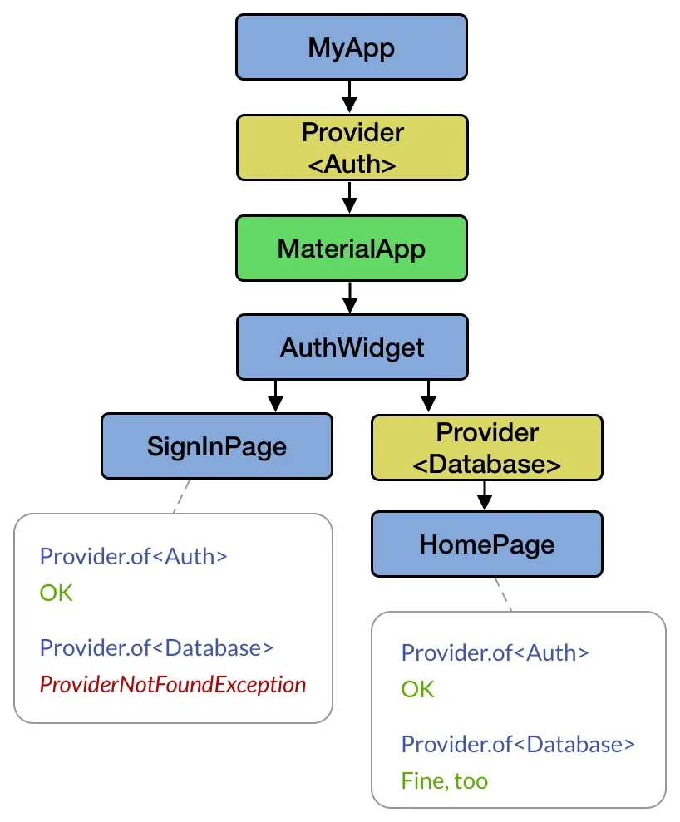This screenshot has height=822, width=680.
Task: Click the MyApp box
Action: pyautogui.click(x=352, y=47)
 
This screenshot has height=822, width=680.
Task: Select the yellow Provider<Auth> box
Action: pyautogui.click(x=352, y=147)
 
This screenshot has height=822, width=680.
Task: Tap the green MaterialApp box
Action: pyautogui.click(x=351, y=248)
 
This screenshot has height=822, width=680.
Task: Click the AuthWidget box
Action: pyautogui.click(x=352, y=347)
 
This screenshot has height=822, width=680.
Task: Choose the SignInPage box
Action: pyautogui.click(x=216, y=446)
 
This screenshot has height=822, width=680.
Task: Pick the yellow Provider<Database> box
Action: pyautogui.click(x=486, y=448)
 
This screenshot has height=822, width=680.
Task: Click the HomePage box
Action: pyautogui.click(x=486, y=544)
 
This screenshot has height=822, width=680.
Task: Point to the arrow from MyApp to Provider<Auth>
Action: pyautogui.click(x=350, y=96)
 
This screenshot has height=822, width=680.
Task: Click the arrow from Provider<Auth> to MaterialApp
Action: pyautogui.click(x=350, y=198)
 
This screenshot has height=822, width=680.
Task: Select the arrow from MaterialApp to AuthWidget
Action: pyautogui.click(x=350, y=297)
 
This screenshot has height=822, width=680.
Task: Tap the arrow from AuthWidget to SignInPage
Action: pyautogui.click(x=276, y=396)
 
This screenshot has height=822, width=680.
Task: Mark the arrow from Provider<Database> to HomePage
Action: pyautogui.click(x=485, y=495)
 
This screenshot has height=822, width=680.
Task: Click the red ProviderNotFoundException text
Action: pyautogui.click(x=173, y=685)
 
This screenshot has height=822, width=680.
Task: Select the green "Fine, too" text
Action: pyautogui.click(x=444, y=781)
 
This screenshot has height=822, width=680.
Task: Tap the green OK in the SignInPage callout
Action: pyautogui.click(x=57, y=593)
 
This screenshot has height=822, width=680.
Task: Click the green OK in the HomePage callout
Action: pyautogui.click(x=417, y=690)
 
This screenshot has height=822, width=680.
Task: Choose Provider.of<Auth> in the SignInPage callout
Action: pyautogui.click(x=133, y=557)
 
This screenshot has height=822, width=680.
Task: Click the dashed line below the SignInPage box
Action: pyautogui.click(x=181, y=496)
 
